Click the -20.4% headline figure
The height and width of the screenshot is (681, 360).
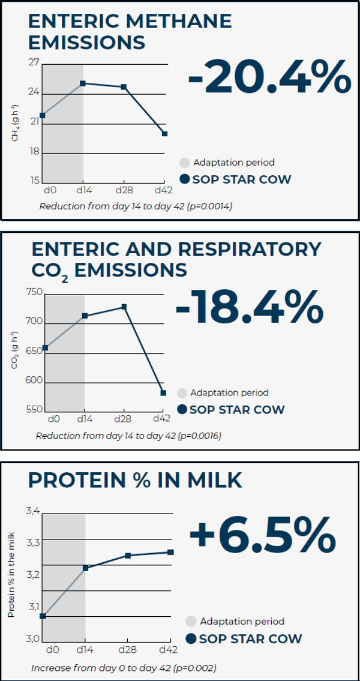point(269,77)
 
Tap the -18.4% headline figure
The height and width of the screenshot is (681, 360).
point(249,308)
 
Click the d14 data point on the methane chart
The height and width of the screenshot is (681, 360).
point(83,83)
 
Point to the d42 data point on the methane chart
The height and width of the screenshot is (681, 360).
point(164,134)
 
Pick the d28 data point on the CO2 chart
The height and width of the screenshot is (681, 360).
point(124,307)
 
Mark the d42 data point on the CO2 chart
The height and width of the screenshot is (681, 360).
point(163,393)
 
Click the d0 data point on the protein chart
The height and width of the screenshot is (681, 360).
point(43,616)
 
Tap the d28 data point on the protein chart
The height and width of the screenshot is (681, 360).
point(127,556)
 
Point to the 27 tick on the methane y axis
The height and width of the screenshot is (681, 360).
point(34,62)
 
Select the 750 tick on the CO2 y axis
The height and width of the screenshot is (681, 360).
point(34,292)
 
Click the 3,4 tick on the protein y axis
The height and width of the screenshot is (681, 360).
point(33,511)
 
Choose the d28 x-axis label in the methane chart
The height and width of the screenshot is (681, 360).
point(123,190)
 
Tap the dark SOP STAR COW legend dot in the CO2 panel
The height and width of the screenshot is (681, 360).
point(182,410)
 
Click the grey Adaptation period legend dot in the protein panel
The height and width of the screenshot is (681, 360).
point(191,622)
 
